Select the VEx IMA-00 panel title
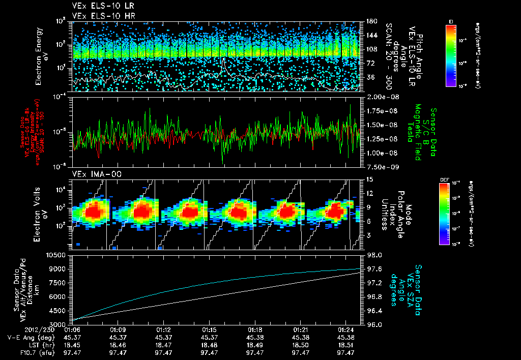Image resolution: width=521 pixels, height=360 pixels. (x=92, y=174)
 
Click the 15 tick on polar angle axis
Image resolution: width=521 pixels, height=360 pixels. (x=369, y=179)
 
